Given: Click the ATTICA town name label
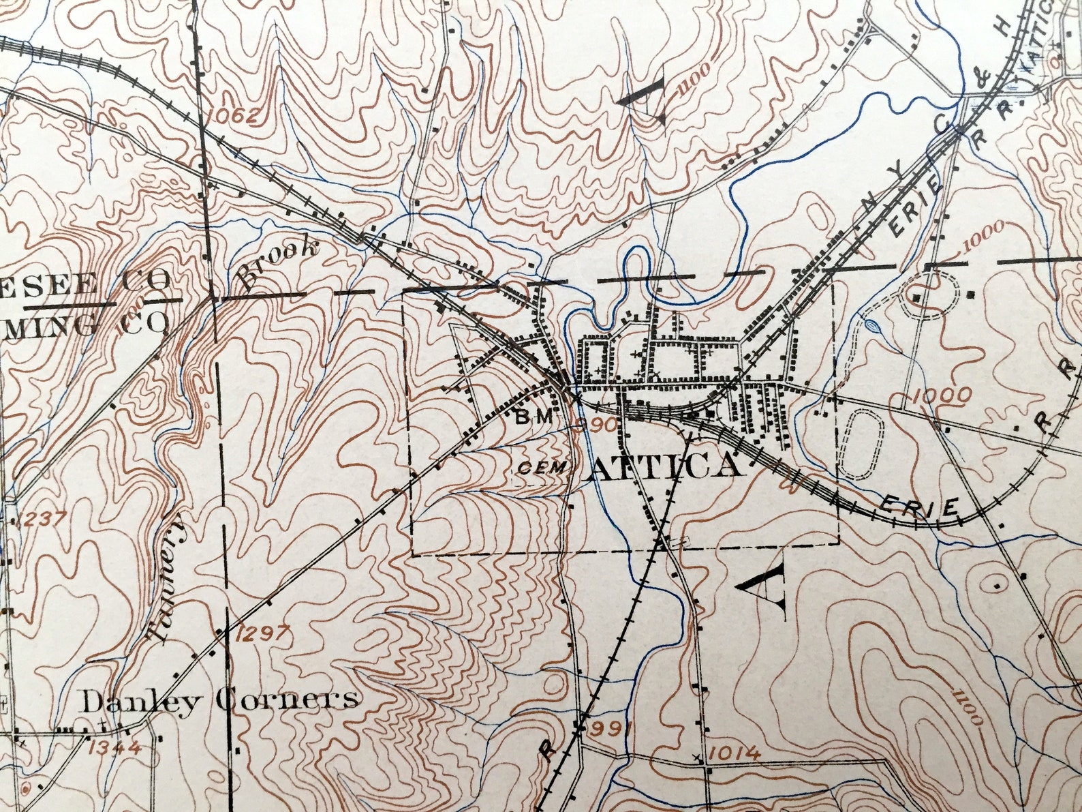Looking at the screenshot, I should (663, 467).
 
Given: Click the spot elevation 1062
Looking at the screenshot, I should (234, 116).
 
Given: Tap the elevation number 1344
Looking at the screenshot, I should (114, 747).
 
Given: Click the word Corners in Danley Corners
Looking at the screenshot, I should (286, 699).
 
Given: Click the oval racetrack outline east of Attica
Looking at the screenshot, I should (861, 445).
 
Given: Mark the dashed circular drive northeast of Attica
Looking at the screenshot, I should (931, 295).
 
